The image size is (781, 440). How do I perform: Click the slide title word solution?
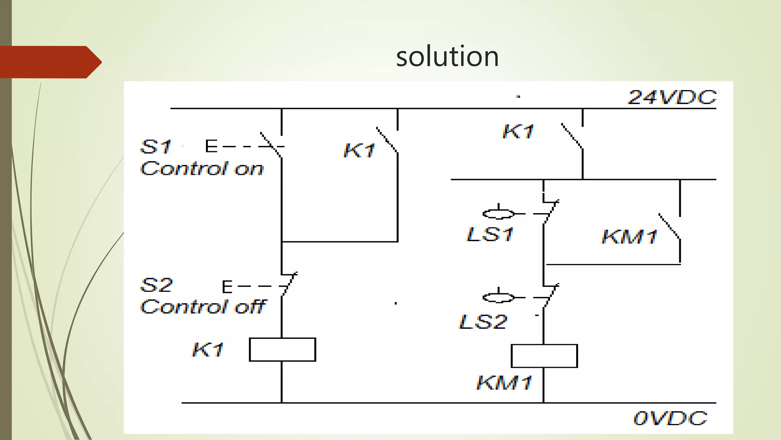(447, 57)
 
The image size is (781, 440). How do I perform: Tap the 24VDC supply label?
(672, 97)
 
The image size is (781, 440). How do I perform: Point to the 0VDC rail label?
(670, 419)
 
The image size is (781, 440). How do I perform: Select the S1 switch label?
(156, 147)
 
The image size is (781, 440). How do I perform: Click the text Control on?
(202, 168)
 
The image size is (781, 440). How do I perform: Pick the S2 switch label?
(156, 285)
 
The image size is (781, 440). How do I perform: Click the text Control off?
(203, 307)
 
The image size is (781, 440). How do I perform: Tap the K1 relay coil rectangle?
(282, 349)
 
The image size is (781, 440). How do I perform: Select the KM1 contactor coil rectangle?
(544, 356)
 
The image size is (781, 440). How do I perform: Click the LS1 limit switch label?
(490, 234)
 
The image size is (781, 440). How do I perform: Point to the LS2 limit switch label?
(483, 322)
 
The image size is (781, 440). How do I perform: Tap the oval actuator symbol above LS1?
(498, 214)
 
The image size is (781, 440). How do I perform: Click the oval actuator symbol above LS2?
(498, 298)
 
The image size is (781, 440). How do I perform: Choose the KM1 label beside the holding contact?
(630, 236)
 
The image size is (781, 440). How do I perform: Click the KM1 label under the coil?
(504, 382)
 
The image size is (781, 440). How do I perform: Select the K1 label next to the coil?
(208, 349)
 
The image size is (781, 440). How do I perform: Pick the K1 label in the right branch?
(518, 132)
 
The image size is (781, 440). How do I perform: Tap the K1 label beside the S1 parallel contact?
(359, 150)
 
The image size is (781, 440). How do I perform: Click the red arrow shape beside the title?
(50, 62)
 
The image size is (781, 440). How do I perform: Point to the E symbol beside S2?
(227, 286)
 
